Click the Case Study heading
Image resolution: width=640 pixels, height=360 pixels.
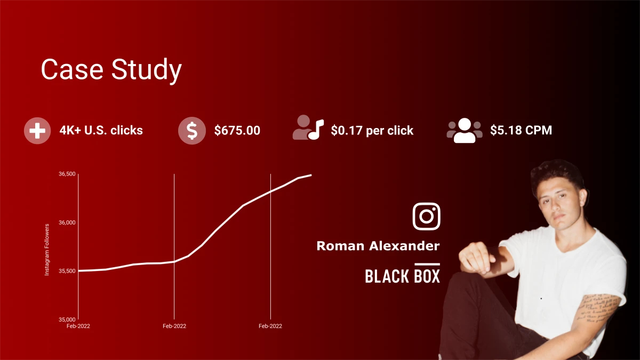tap(111, 70)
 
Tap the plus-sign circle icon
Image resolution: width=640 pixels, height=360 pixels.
tap(37, 131)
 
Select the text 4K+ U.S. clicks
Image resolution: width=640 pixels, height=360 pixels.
tap(101, 130)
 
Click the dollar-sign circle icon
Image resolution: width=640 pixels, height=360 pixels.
tap(191, 131)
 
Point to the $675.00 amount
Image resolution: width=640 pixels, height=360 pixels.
tap(237, 130)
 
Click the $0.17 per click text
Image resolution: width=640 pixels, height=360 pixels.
tap(372, 130)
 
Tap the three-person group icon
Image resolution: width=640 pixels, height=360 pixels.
tap(464, 130)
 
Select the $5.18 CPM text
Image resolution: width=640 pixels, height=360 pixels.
tap(521, 130)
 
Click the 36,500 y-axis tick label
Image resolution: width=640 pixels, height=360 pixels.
tap(67, 174)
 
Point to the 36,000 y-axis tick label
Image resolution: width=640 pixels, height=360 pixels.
tap(67, 222)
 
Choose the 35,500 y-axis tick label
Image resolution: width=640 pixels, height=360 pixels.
tap(67, 271)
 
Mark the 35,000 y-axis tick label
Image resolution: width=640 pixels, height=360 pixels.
tap(67, 319)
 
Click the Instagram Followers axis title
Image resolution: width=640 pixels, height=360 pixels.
tap(47, 250)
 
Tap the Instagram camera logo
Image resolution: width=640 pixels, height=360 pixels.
tap(426, 216)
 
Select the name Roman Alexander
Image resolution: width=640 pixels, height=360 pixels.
tap(378, 246)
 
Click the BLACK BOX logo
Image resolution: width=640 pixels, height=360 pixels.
tap(402, 274)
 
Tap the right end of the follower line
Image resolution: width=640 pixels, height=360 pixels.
tap(310, 175)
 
